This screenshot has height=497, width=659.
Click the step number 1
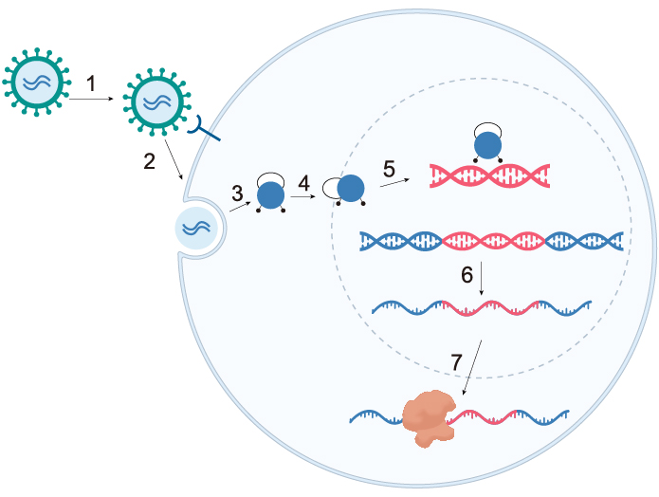pyautogui.click(x=91, y=84)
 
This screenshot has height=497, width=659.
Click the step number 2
pyautogui.click(x=150, y=160)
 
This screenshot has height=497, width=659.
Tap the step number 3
pyautogui.click(x=237, y=193)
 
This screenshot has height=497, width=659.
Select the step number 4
pyautogui.click(x=303, y=181)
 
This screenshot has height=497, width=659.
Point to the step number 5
pyautogui.click(x=389, y=168)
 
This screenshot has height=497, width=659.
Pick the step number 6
pyautogui.click(x=467, y=275)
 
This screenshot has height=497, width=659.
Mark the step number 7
pyautogui.click(x=457, y=361)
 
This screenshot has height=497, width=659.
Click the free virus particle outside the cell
pyautogui.click(x=35, y=83)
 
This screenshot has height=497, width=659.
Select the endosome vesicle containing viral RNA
pyautogui.click(x=198, y=229)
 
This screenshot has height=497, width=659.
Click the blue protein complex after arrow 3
pyautogui.click(x=270, y=194)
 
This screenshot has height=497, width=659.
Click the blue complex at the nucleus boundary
pyautogui.click(x=350, y=189)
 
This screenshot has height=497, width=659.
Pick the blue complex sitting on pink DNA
pyautogui.click(x=487, y=145)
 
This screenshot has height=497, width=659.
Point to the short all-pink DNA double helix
pyautogui.click(x=489, y=175)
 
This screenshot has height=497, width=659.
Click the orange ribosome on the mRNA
pyautogui.click(x=429, y=418)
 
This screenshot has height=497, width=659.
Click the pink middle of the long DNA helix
pyautogui.click(x=491, y=241)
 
